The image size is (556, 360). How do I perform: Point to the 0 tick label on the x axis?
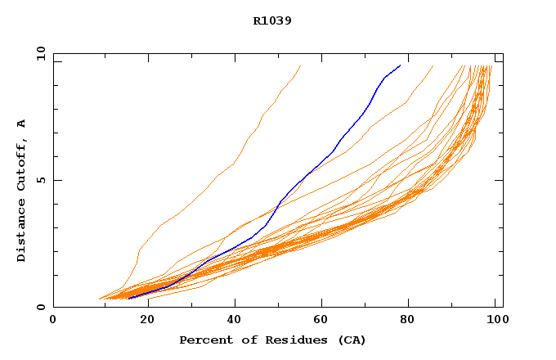click(53, 320)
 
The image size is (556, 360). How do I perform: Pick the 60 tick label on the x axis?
click(325, 320)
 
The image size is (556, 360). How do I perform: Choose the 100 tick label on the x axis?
click(495, 320)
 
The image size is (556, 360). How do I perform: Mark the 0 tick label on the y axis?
click(41, 308)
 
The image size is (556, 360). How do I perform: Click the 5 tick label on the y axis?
click(41, 180)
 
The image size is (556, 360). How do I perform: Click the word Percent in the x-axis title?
click(204, 340)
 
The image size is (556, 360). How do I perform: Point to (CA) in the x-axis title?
click(350, 340)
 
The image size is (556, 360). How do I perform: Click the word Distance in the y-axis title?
click(21, 232)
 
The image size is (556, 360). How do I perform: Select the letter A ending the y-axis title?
click(21, 124)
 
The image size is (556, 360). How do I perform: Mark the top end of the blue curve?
click(400, 65)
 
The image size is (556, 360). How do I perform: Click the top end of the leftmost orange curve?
click(300, 65)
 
